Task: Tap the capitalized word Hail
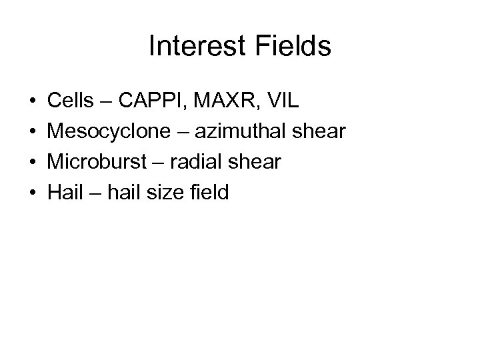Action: click(63, 193)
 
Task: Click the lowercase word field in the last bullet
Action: click(207, 193)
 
